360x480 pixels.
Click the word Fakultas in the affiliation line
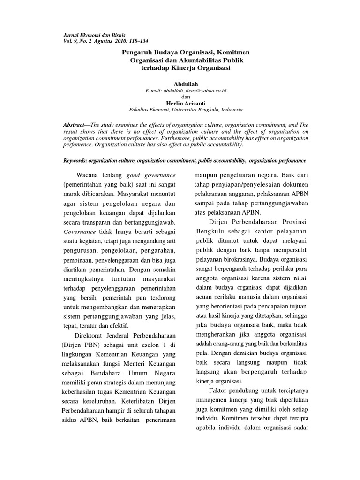(141, 109)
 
